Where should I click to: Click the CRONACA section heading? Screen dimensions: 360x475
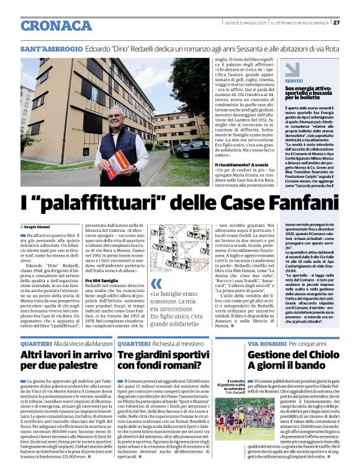point(56,25)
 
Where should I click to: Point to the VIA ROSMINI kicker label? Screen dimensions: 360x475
point(267,343)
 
